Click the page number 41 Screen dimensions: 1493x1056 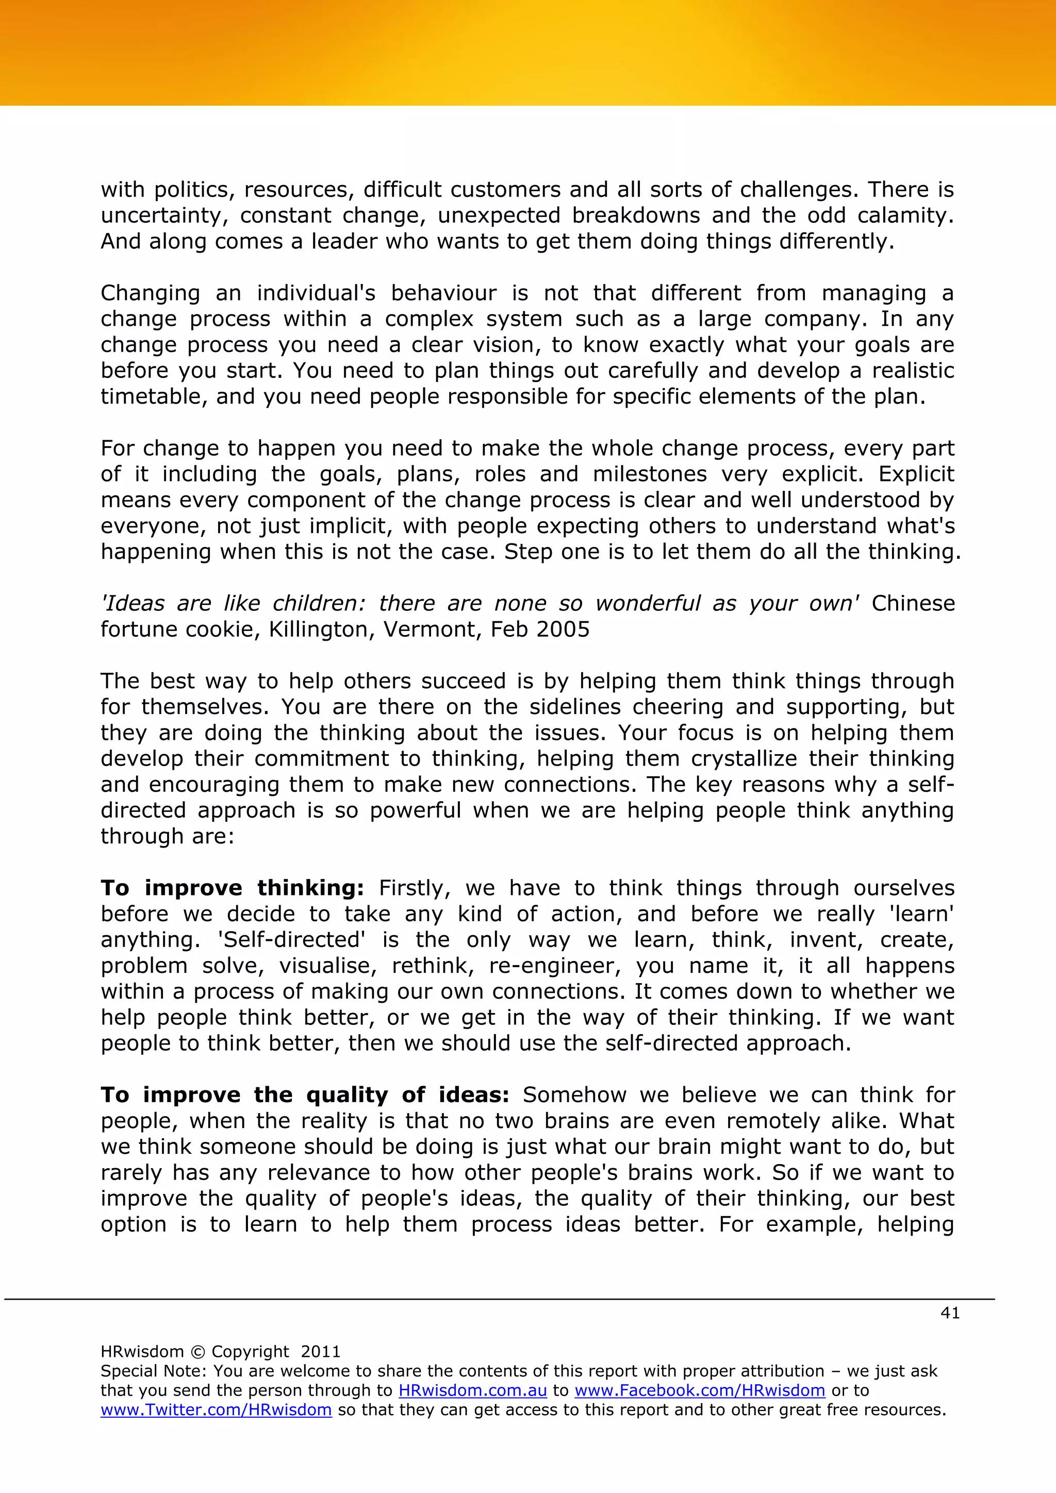pyautogui.click(x=949, y=1313)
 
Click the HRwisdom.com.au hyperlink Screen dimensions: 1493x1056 pyautogui.click(x=472, y=1390)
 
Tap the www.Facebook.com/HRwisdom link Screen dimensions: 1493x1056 pyautogui.click(x=700, y=1390)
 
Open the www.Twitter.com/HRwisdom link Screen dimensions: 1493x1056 pyautogui.click(x=216, y=1410)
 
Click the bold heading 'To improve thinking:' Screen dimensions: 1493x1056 pyautogui.click(x=232, y=888)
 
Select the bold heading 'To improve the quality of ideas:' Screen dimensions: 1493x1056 pyautogui.click(x=304, y=1094)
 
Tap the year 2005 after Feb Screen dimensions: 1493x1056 pyautogui.click(x=566, y=629)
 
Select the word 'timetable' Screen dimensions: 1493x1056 pyautogui.click(x=154, y=396)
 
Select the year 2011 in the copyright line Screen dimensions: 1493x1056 pyautogui.click(x=321, y=1352)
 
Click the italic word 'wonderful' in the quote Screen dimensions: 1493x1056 pyautogui.click(x=648, y=604)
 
